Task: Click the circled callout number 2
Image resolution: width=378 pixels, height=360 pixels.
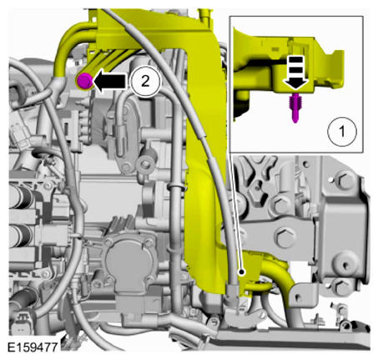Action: [146, 80]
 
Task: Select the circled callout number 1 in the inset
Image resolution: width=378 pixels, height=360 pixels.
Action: [338, 130]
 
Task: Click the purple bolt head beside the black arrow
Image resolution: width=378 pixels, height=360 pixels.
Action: [84, 81]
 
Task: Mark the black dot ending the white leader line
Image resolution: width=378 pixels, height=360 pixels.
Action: [242, 271]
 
